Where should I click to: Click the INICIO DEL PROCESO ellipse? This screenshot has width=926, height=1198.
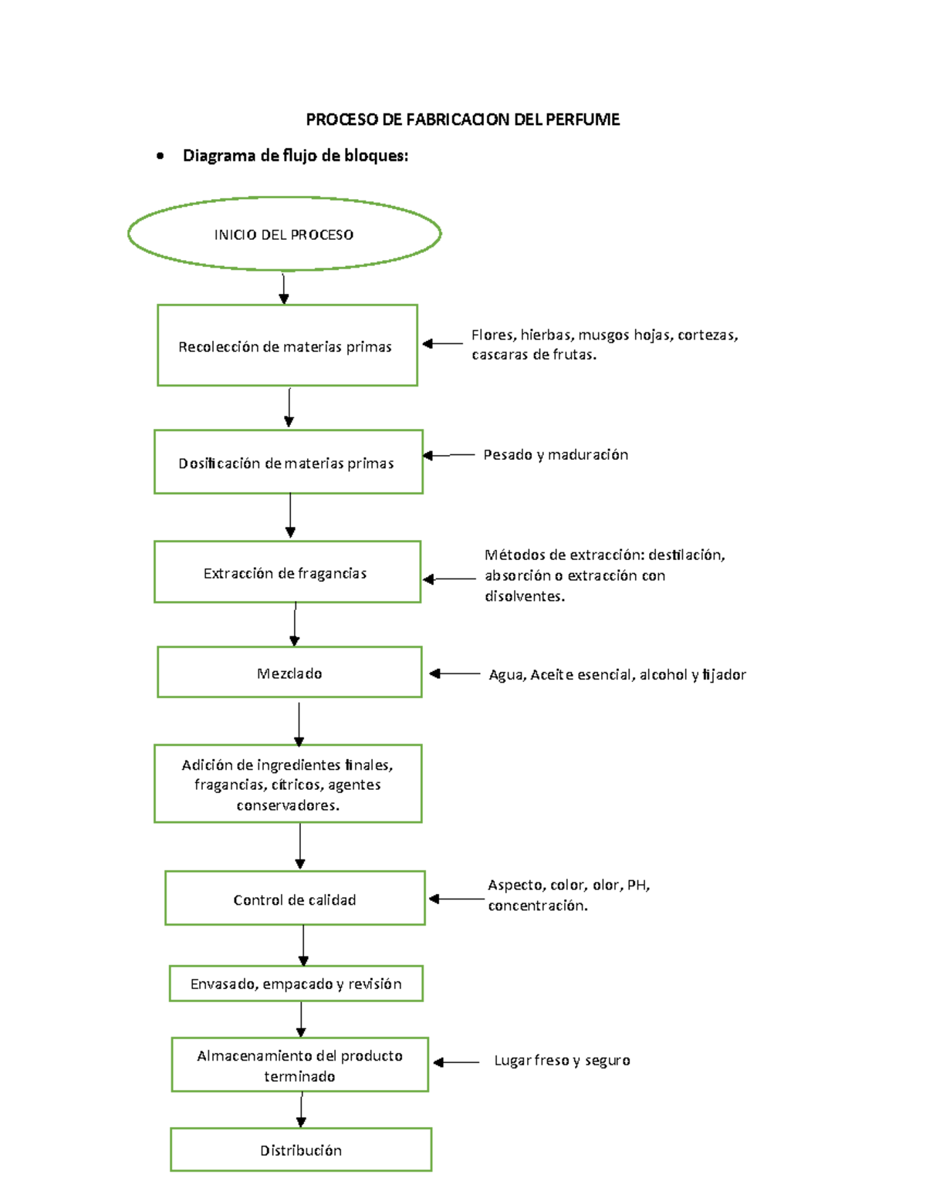click(x=285, y=197)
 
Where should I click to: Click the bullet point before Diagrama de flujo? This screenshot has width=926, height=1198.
click(x=160, y=156)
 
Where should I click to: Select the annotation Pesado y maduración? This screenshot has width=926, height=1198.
click(x=556, y=455)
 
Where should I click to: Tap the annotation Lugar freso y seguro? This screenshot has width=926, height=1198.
click(x=562, y=1060)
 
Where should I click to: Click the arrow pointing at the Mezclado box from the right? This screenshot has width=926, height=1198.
click(x=455, y=673)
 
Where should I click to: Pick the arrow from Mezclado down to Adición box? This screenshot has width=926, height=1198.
click(x=299, y=724)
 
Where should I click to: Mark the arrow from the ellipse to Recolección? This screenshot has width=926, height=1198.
click(x=283, y=289)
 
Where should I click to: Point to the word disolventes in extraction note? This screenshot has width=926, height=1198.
click(x=525, y=596)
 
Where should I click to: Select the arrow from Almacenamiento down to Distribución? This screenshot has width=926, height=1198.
click(x=301, y=1110)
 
